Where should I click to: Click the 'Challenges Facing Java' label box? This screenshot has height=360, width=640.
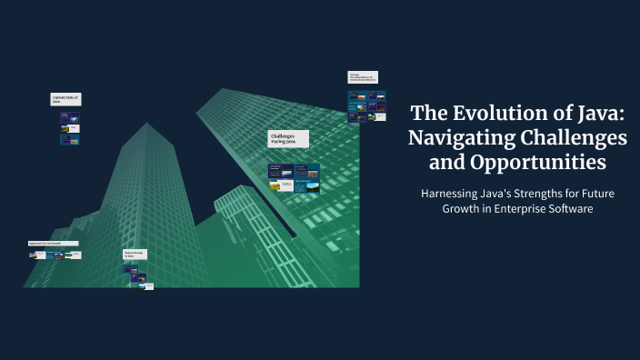[x=288, y=139]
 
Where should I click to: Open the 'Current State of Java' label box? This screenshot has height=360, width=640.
[x=65, y=99]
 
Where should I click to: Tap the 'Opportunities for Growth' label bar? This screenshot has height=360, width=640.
[x=53, y=244]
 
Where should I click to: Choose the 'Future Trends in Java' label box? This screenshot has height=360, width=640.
[x=135, y=255]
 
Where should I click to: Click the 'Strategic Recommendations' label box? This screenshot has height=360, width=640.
[x=362, y=78]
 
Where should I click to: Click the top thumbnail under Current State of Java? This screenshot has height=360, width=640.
[x=70, y=118]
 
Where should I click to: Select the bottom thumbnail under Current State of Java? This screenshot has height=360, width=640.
[x=70, y=141]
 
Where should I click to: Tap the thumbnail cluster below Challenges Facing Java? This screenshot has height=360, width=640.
[x=294, y=177]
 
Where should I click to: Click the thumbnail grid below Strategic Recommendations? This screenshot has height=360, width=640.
[x=366, y=105]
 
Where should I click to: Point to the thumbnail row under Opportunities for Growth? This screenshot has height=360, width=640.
[x=55, y=255]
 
